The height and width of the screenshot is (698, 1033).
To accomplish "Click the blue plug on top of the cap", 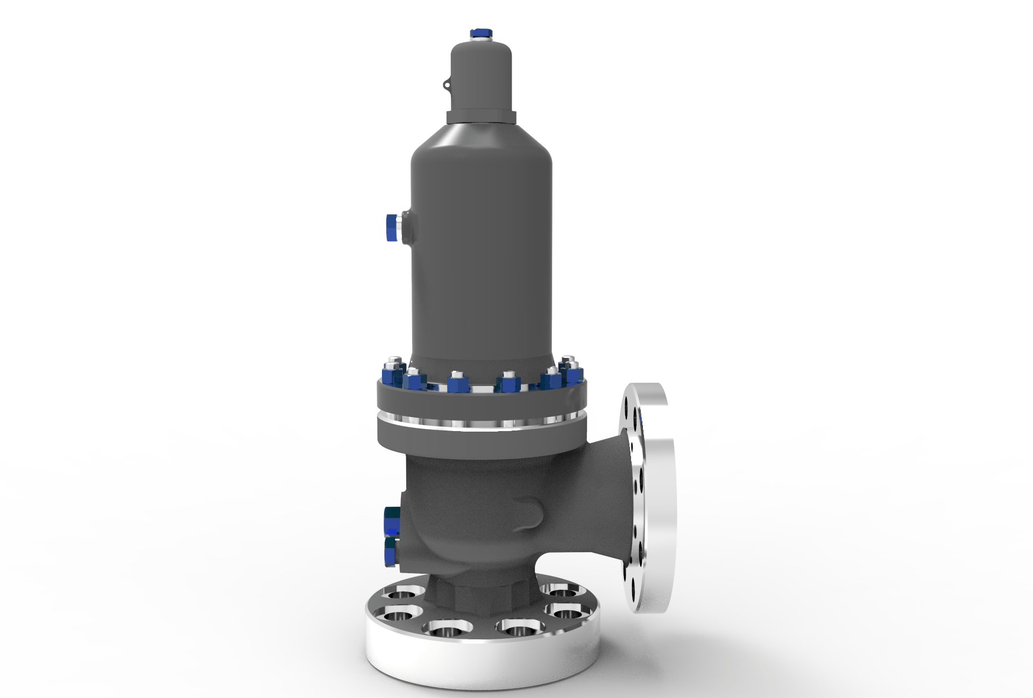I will click(x=481, y=33).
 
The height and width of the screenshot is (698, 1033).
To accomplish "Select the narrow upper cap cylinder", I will click(x=480, y=75).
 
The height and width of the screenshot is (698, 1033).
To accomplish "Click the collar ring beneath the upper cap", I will click(x=481, y=117).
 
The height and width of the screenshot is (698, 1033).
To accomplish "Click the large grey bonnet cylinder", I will click(x=481, y=242).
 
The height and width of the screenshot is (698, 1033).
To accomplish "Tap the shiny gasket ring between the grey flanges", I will click(x=481, y=422).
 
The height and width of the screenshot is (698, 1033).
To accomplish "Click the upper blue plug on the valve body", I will click(x=391, y=520).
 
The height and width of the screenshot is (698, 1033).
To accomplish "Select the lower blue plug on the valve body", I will click(x=391, y=552).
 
